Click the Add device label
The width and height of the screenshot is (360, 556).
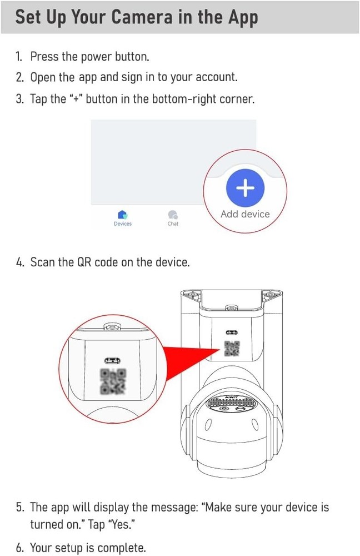coord(245,214)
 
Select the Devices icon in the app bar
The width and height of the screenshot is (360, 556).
coord(123,215)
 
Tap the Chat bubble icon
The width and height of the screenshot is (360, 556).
coord(173,215)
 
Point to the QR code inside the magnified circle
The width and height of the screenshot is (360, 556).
coord(113,381)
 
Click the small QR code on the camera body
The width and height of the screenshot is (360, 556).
coord(231,349)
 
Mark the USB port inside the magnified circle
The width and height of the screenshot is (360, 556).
coord(113,360)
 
